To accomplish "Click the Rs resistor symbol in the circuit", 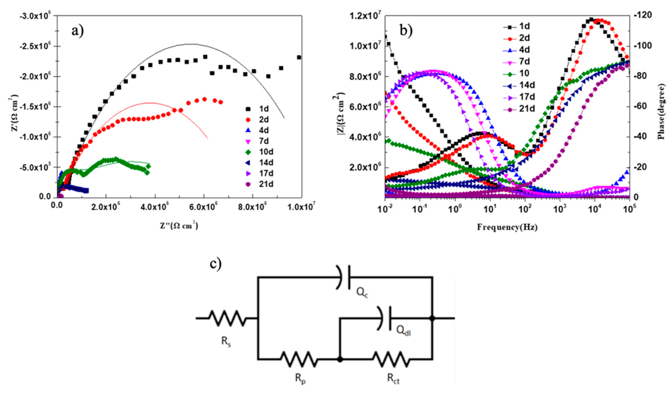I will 227,318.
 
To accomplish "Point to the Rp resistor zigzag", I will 299,359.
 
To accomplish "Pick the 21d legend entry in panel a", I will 260,184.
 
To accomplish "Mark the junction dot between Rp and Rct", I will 340,359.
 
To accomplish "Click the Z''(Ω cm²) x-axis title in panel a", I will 179,226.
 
